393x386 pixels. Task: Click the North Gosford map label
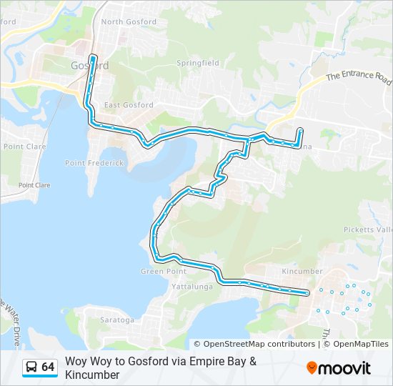tap(129, 22)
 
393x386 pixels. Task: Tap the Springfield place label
tap(198, 63)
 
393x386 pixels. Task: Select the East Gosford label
tap(129, 105)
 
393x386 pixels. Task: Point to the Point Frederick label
tap(94, 163)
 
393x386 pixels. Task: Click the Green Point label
tap(163, 271)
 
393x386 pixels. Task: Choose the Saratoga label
tap(117, 320)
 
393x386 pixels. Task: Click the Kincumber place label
tap(302, 272)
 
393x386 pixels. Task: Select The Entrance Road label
tap(359, 76)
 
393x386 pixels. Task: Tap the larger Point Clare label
tap(25, 146)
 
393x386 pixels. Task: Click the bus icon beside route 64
tap(31, 367)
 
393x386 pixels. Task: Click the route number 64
tap(48, 367)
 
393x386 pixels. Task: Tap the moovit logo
tap(339, 368)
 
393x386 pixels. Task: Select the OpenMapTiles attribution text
tap(360, 344)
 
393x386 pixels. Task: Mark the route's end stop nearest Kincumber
tap(307, 293)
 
